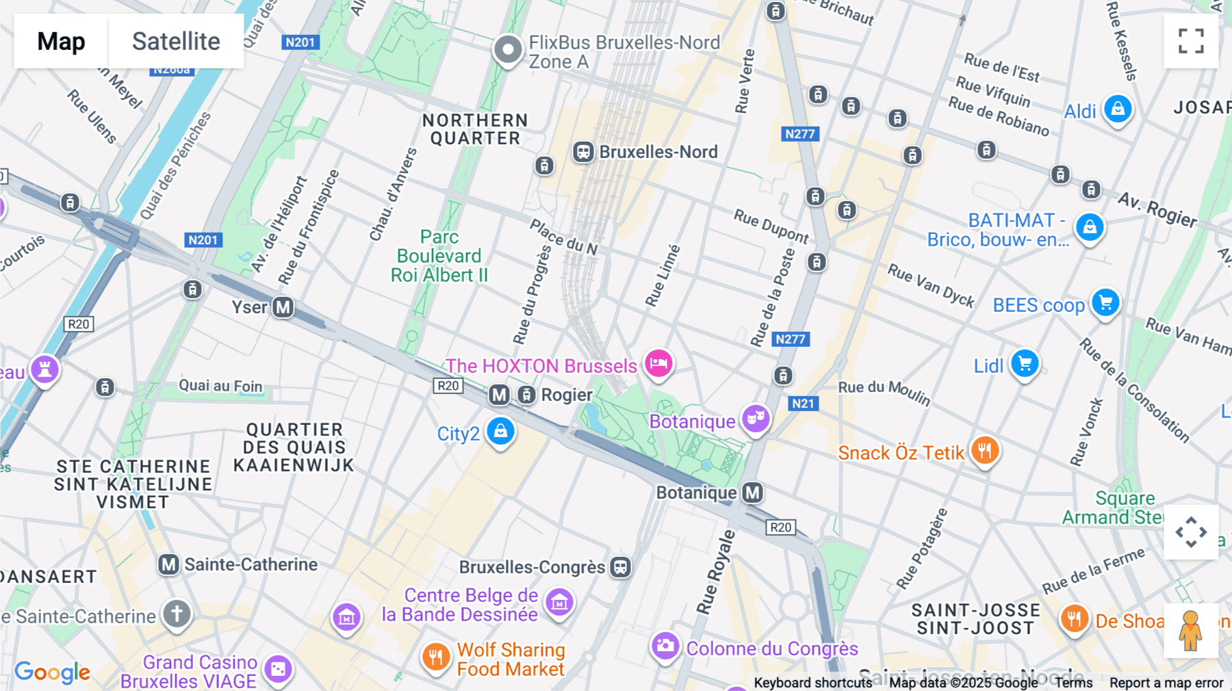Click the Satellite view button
(x=176, y=41)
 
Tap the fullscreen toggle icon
(x=1191, y=41)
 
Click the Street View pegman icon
(x=1190, y=630)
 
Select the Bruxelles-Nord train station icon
(x=583, y=152)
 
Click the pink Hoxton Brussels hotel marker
(x=658, y=363)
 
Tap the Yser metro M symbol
(x=283, y=307)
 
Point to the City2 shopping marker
(x=500, y=431)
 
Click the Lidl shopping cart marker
(x=1025, y=363)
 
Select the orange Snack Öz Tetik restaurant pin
(x=985, y=450)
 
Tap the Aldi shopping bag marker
(x=1118, y=109)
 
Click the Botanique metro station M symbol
(x=753, y=493)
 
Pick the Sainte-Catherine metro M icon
(x=169, y=564)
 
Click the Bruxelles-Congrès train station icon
(x=621, y=567)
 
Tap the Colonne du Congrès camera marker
(x=665, y=645)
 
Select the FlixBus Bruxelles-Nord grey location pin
(x=508, y=49)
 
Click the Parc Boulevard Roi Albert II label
(x=439, y=256)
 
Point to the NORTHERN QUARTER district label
(x=475, y=129)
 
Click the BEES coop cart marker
(x=1105, y=302)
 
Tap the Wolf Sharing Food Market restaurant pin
(x=435, y=657)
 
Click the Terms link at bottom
(x=1073, y=683)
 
